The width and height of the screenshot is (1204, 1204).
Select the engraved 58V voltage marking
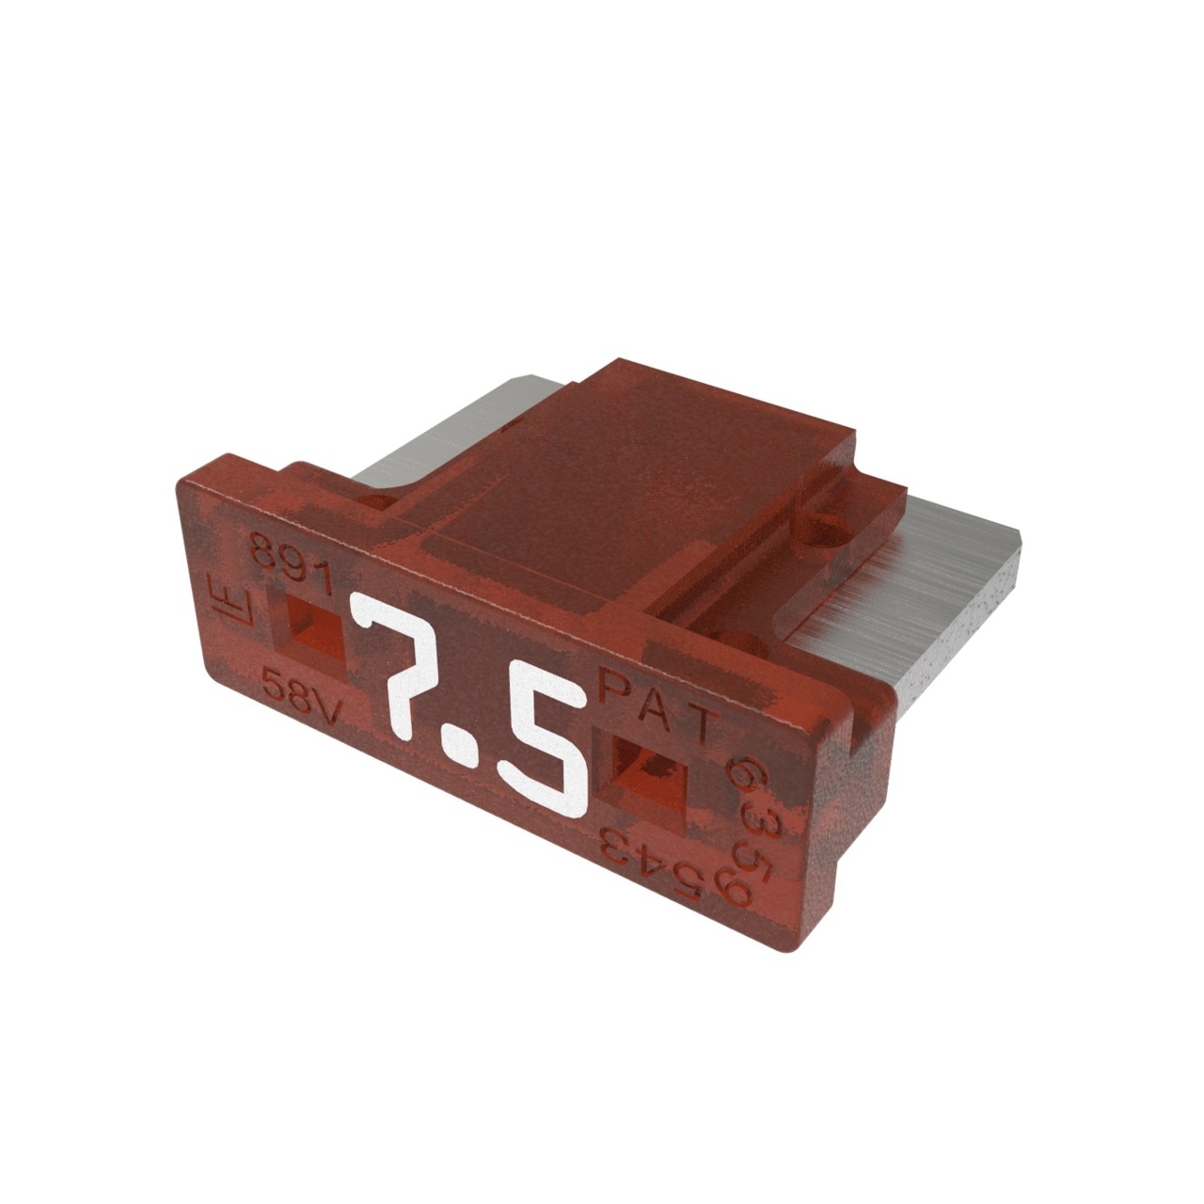pyautogui.click(x=299, y=694)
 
